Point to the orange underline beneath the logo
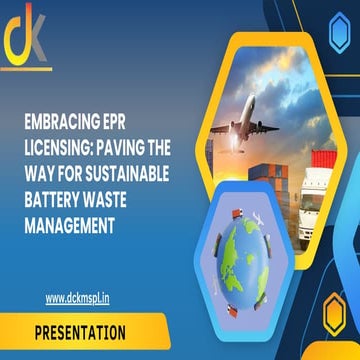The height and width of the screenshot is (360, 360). pos(26,69)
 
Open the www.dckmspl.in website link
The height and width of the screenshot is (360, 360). pos(77,297)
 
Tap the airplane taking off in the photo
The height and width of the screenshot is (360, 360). pos(245,128)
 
